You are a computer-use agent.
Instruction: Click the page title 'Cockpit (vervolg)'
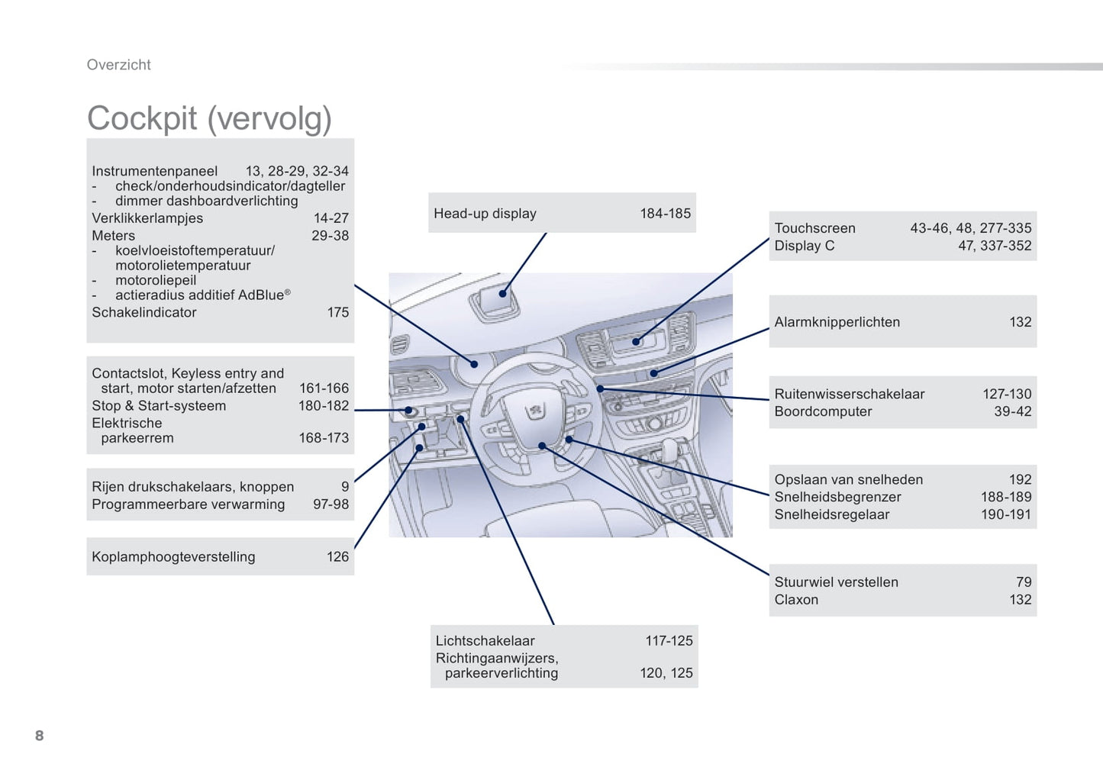[209, 119]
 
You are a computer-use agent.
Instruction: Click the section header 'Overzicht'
[118, 65]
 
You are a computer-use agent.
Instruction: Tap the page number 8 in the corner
[40, 736]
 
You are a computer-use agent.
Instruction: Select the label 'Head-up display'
[485, 214]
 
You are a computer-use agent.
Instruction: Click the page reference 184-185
[665, 214]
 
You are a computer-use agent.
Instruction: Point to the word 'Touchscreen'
[814, 228]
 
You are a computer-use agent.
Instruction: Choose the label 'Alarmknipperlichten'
[837, 322]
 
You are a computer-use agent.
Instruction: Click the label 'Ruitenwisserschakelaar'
[849, 394]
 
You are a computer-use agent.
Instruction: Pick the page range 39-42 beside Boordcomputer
[1012, 411]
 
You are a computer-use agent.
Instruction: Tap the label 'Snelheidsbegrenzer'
[837, 497]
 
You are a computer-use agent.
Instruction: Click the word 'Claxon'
[796, 600]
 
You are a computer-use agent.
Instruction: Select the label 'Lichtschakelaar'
[485, 641]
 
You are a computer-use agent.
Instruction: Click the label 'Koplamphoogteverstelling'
[173, 557]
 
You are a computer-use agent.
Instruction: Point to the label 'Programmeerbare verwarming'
[188, 504]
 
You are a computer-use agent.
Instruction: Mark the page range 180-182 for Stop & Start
[323, 406]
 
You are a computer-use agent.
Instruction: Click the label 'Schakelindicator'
[144, 312]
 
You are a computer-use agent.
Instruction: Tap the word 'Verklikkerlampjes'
[147, 218]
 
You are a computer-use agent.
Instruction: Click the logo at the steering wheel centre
[536, 411]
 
